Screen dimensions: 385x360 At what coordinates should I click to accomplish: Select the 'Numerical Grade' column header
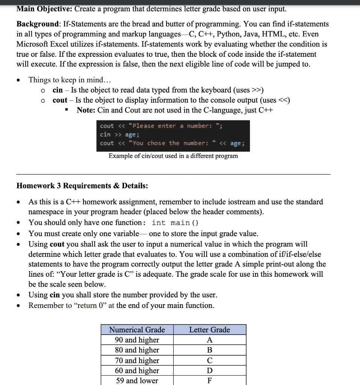[137, 330]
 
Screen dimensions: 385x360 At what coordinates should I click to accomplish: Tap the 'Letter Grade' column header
[209, 330]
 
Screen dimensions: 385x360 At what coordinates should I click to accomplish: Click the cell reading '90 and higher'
[137, 340]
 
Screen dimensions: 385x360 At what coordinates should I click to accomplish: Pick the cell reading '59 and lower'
[137, 380]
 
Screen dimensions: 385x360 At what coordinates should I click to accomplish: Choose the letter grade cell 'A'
[210, 340]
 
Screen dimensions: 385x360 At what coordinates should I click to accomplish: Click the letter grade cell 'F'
[210, 380]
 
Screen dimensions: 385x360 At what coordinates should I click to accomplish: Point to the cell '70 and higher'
[137, 360]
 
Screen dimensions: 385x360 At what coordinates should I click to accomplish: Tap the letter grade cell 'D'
[210, 370]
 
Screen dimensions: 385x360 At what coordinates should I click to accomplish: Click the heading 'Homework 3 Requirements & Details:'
[82, 186]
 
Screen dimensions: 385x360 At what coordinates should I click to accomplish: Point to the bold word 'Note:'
[86, 110]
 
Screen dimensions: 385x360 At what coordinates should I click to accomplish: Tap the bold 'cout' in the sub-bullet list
[60, 100]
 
